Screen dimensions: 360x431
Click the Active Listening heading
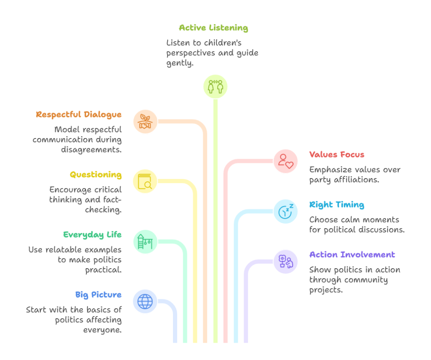click(213, 28)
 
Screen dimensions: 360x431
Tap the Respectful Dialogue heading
click(79, 115)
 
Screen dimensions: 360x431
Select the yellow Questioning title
click(96, 175)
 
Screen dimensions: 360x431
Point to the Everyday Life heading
click(93, 235)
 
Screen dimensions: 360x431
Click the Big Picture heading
click(98, 294)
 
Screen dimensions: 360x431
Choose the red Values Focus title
click(336, 155)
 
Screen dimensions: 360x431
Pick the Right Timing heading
click(336, 205)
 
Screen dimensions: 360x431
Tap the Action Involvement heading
click(352, 255)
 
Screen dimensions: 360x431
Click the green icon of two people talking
click(215, 86)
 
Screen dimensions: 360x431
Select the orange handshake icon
click(145, 122)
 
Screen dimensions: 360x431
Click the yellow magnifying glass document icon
click(145, 181)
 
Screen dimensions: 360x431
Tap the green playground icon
click(145, 242)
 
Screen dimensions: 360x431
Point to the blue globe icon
click(145, 301)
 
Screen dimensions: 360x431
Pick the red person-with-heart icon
click(285, 161)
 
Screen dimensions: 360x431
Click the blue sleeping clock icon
click(285, 211)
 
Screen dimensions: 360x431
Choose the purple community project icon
click(285, 261)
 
